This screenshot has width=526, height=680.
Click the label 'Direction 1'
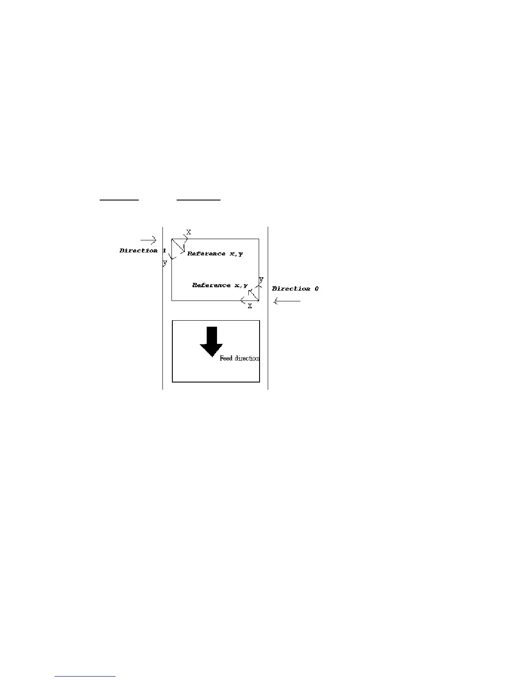point(143,251)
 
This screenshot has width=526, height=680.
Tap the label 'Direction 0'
point(295,289)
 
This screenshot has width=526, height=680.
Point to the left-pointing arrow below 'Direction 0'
point(287,301)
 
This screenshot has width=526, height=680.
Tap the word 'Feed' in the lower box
point(226,358)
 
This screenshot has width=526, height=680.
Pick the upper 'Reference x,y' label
point(215,254)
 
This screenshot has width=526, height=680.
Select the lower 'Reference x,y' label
point(220,285)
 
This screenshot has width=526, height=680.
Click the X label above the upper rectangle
point(189,232)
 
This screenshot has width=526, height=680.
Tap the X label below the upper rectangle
point(250,306)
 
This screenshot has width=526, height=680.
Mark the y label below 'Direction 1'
point(165,263)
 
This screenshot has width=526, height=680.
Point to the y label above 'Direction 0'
point(261,279)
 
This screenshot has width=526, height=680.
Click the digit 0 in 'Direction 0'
point(316,289)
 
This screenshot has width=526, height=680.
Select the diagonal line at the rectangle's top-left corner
point(178,246)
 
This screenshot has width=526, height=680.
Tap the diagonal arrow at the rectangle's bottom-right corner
point(254,295)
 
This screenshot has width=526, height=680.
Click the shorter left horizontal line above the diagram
point(119,200)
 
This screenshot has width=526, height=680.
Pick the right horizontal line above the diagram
point(199,200)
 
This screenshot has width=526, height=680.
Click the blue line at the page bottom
point(86,677)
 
